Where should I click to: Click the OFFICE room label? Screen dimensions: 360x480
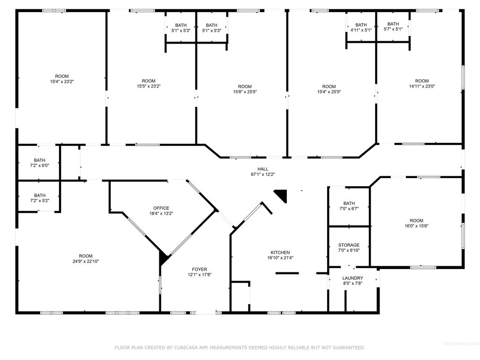161,208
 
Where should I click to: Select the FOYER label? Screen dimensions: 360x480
200,269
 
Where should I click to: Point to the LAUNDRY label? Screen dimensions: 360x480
352,278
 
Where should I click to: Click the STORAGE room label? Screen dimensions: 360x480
349,245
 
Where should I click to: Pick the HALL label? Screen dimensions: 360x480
262,169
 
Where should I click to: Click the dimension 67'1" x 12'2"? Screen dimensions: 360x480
262,174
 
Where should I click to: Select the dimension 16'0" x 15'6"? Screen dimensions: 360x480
416,226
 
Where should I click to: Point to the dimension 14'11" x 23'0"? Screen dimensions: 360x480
422,86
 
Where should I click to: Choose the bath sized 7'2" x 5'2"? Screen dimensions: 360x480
40,198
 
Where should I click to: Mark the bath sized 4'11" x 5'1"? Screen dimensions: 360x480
361,27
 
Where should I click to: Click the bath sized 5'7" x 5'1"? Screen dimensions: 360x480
393,27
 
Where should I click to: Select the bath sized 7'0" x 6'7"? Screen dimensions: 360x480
349,206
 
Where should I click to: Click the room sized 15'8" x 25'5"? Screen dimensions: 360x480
245,89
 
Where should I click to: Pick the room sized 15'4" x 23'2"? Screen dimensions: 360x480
62,79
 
